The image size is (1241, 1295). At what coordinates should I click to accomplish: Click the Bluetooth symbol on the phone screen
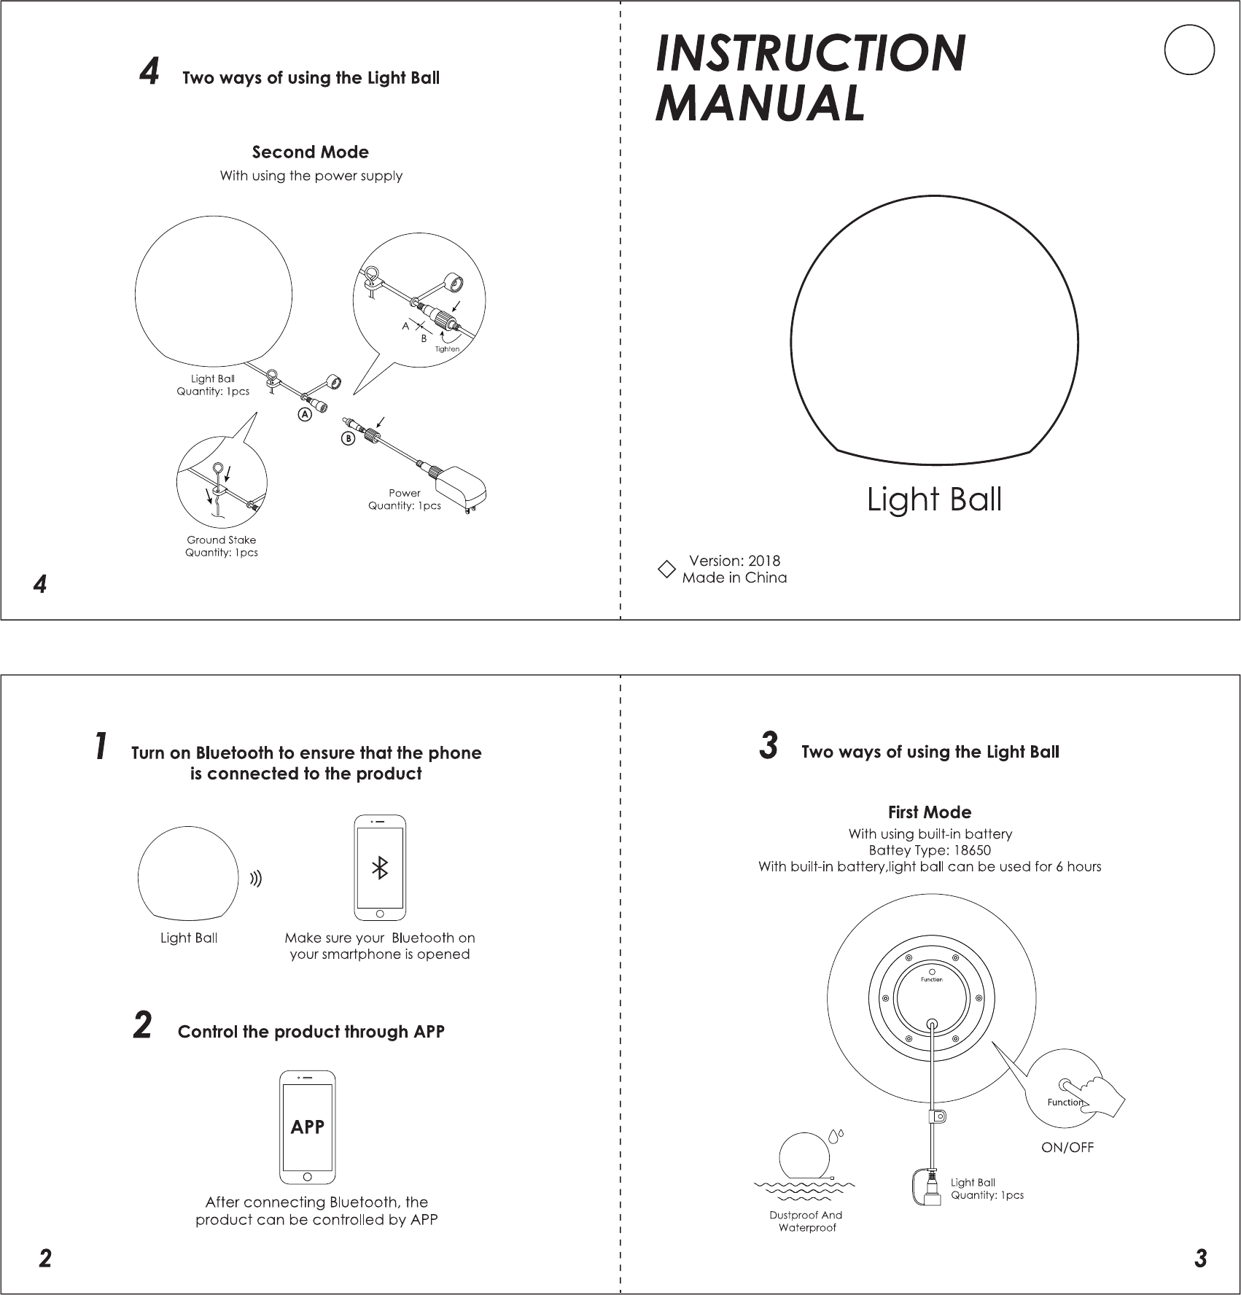click(x=380, y=868)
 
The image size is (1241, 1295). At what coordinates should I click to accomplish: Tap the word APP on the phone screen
click(x=308, y=1127)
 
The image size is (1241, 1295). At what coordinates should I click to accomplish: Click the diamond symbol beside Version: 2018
click(x=666, y=569)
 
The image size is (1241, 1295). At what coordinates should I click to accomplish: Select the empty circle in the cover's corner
click(x=1189, y=50)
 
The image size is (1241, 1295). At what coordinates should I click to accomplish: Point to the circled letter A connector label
click(x=305, y=414)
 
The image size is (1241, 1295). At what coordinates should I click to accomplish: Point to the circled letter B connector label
click(x=349, y=439)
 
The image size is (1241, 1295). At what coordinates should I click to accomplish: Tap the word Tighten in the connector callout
click(x=448, y=349)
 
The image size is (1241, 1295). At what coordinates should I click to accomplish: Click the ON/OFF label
click(x=1067, y=1147)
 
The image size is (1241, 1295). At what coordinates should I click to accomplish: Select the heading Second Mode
click(x=311, y=152)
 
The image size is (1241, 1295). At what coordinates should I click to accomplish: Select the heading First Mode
click(x=930, y=812)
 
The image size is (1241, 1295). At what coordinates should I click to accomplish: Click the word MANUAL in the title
click(x=760, y=103)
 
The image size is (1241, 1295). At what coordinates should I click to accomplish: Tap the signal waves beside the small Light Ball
click(x=256, y=880)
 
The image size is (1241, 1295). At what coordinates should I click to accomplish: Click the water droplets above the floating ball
click(x=836, y=1135)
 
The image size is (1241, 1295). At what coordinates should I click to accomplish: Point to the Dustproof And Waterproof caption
click(x=806, y=1221)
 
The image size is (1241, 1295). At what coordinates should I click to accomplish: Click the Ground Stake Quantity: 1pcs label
click(x=222, y=546)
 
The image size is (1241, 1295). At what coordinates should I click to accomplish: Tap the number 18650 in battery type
click(x=972, y=850)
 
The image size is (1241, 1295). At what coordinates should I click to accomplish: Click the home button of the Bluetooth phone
click(x=380, y=914)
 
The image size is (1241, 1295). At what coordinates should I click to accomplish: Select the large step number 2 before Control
click(x=143, y=1024)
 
